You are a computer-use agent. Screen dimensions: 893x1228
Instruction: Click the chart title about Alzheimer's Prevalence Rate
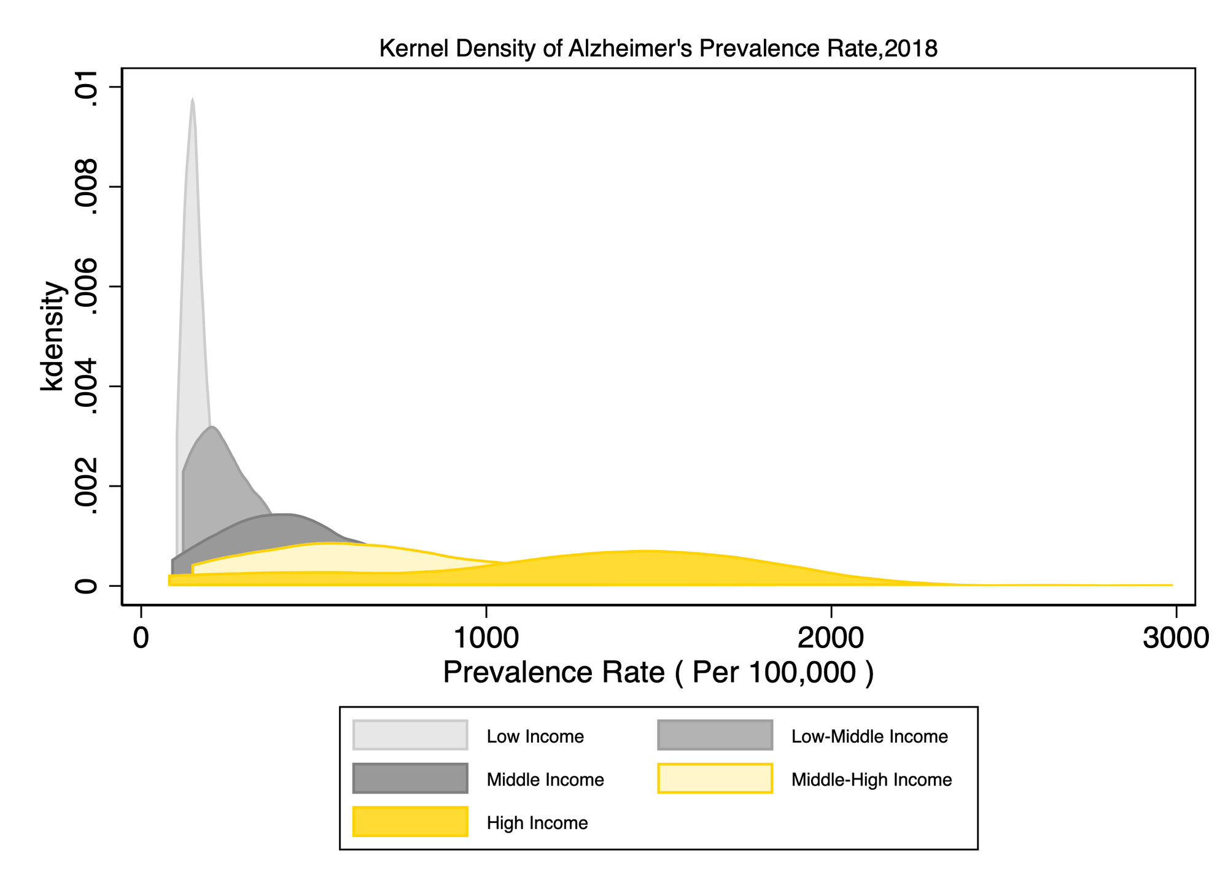[658, 48]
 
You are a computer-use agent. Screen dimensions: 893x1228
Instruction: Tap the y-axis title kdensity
[52, 336]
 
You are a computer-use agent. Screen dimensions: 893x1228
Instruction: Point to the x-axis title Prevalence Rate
[658, 673]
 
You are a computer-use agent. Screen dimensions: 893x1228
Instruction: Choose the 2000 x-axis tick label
[831, 638]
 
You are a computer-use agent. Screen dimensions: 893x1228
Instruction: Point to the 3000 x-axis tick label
[1175, 638]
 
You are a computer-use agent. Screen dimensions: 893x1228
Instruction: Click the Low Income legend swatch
[410, 735]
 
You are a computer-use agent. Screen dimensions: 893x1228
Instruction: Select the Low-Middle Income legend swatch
[715, 735]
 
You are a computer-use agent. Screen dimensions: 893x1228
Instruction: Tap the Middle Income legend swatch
[410, 779]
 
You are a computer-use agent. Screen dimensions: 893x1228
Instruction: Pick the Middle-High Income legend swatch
[715, 779]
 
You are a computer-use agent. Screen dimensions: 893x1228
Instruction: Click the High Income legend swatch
[410, 822]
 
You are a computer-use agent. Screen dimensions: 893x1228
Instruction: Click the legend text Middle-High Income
[871, 780]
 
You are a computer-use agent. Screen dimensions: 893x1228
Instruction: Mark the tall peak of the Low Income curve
[193, 101]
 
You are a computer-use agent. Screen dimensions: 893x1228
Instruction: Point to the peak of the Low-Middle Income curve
[211, 427]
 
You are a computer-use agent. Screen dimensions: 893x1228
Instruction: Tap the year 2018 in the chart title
[911, 48]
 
